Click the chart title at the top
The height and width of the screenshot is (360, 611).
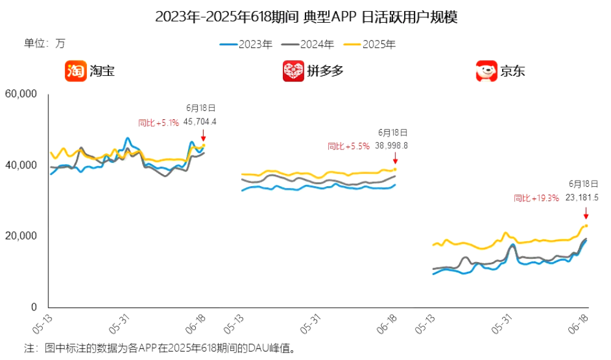pos(306,17)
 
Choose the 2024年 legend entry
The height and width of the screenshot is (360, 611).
pos(309,44)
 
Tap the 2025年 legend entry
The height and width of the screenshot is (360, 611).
pos(370,44)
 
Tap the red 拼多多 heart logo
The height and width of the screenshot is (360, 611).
pos(293,71)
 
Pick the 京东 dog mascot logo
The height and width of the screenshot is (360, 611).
pos(486,71)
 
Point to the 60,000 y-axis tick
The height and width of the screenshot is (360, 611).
pos(21,94)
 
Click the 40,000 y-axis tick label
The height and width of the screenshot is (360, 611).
pos(21,165)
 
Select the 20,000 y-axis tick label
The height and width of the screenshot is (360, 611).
pos(21,236)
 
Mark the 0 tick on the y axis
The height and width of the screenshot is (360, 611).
pos(34,307)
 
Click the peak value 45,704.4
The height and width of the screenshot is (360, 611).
pos(200,122)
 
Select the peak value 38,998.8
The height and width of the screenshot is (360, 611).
pos(392,146)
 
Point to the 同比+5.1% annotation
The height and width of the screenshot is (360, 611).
pos(159,122)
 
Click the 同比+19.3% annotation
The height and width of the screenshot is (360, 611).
pos(536,198)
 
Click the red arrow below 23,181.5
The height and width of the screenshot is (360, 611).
pos(586,212)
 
